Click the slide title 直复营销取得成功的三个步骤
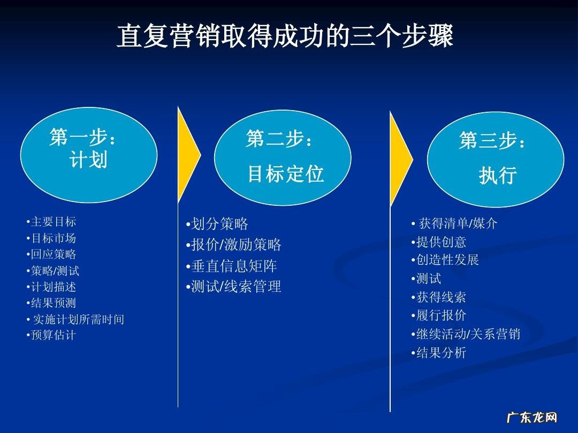285,36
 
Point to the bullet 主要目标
51,222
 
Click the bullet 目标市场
51,238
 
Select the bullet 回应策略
51,254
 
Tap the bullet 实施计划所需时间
76,320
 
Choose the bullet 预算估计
51,336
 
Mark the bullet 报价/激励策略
234,245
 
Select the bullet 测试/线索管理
234,287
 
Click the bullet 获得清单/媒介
455,223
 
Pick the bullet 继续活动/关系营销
466,335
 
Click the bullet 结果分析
439,353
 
